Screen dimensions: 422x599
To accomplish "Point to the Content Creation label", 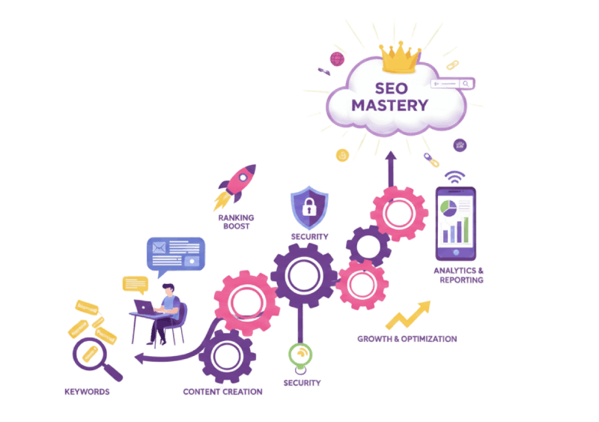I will point(222,392).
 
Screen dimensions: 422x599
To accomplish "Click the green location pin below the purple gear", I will point(301,354).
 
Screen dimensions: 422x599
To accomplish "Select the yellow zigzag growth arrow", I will point(408,315).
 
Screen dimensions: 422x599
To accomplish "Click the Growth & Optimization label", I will point(407,339).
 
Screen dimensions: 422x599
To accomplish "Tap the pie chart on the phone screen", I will point(447,206).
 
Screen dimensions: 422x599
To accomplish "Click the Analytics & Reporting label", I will point(458,274).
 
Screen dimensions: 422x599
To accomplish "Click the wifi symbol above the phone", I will point(453,176).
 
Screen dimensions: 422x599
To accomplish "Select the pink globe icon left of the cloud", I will point(338,58).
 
